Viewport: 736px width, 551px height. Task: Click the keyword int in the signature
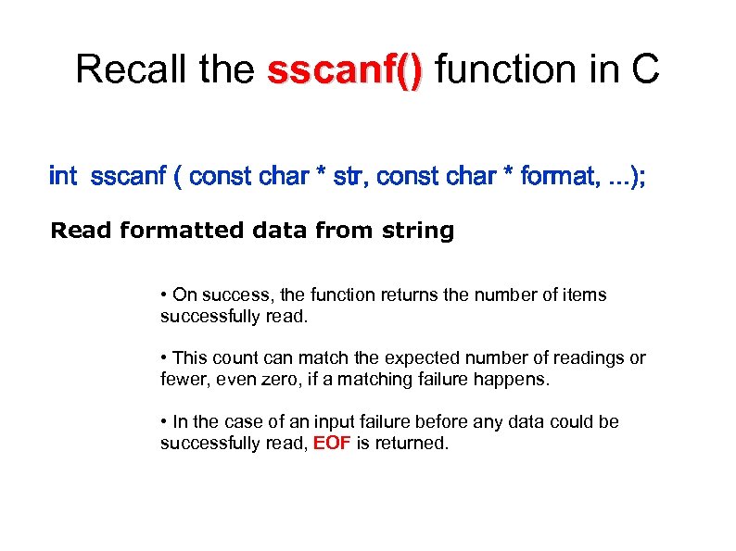[63, 176]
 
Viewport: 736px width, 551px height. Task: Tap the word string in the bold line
[418, 231]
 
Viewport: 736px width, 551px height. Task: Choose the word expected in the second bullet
[425, 358]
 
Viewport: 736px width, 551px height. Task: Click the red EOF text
[331, 444]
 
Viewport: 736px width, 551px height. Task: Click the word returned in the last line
[414, 444]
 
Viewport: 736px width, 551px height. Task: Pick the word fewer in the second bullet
[183, 380]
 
